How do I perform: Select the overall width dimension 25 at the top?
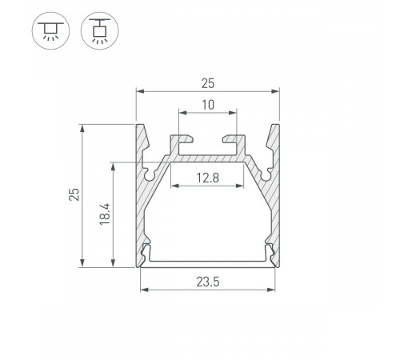[207, 82]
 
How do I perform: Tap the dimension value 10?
[207, 104]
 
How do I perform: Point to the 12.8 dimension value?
[207, 178]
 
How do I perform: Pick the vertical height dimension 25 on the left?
[73, 195]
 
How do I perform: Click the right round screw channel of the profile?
[267, 171]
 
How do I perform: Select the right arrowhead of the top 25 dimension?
[276, 92]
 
